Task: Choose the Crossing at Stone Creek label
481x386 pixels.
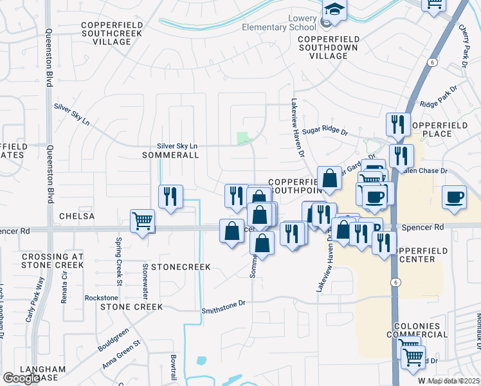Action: [x=53, y=261]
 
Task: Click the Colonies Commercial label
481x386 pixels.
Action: [x=417, y=331]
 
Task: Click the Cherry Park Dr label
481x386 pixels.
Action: [x=463, y=46]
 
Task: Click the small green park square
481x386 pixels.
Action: [x=242, y=138]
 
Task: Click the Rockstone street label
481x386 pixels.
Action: [x=102, y=298]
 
